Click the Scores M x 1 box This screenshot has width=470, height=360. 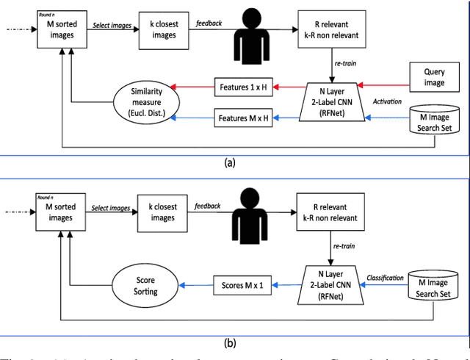click(x=242, y=286)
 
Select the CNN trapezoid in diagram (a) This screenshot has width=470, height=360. click(x=331, y=102)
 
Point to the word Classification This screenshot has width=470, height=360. click(x=386, y=278)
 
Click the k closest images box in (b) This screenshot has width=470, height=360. click(x=163, y=212)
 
